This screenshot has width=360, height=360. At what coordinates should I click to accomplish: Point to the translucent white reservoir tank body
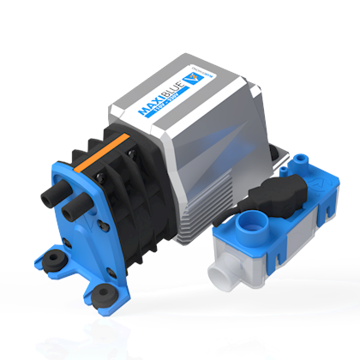tap(257, 270)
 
